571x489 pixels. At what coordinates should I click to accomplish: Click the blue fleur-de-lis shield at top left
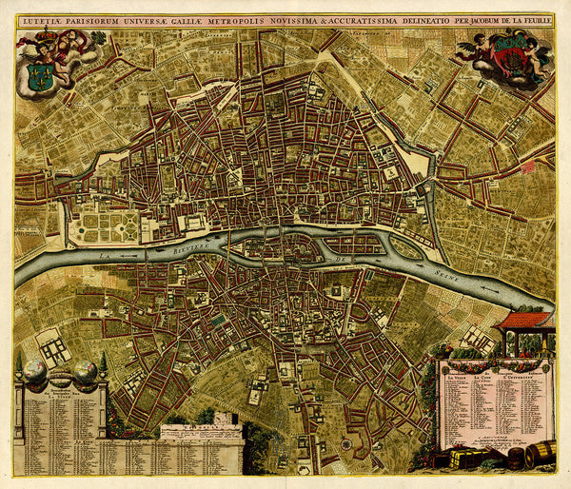(39, 76)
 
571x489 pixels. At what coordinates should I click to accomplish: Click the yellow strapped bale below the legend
(466, 459)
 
